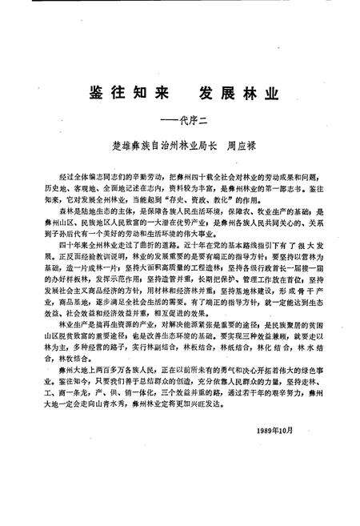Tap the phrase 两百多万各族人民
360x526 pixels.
(x=119, y=372)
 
